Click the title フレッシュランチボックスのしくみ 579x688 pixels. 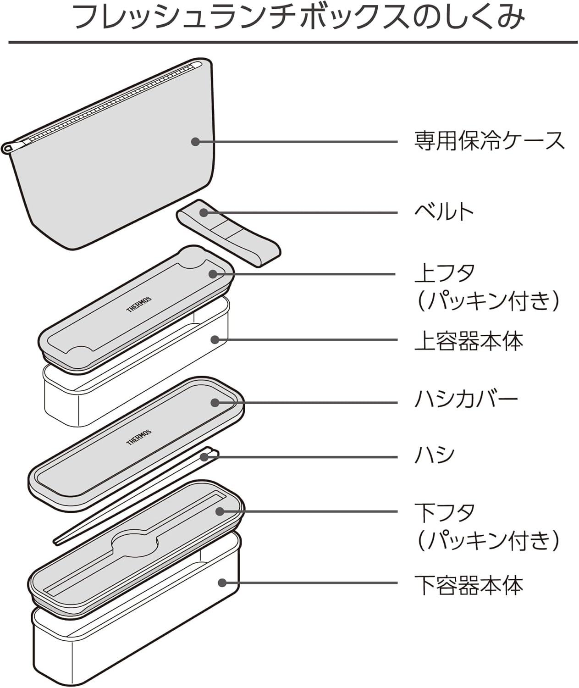(299, 18)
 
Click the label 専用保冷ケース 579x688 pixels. (489, 141)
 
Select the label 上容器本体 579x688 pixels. (469, 341)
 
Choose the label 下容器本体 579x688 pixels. (469, 585)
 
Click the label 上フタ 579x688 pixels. (445, 273)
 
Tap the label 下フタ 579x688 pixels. (445, 512)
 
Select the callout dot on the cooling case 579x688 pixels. (195, 142)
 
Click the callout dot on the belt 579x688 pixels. (204, 212)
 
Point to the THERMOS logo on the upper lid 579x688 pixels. (138, 304)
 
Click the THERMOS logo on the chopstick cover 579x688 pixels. (138, 437)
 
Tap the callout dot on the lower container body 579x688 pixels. (222, 583)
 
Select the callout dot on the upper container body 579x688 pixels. (214, 339)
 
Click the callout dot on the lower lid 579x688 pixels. (220, 511)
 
